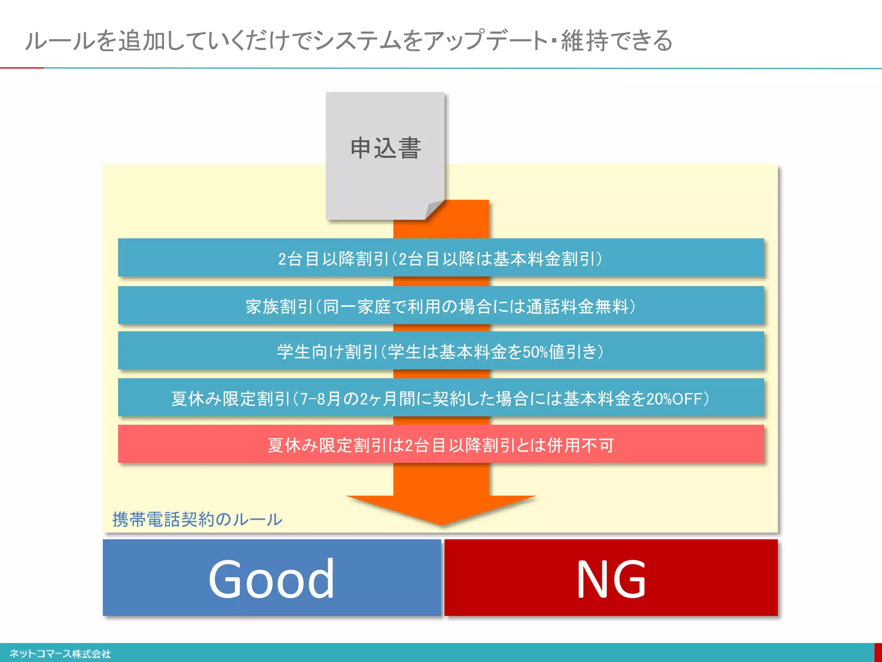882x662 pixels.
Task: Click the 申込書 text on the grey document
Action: coord(385,148)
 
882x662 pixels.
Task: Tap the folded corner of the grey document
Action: coord(434,210)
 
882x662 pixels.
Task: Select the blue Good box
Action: coord(272,578)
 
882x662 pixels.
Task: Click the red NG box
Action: coord(611,578)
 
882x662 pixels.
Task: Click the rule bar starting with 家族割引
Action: coord(441,306)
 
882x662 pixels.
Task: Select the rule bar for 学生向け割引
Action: coord(441,352)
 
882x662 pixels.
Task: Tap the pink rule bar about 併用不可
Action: coord(441,445)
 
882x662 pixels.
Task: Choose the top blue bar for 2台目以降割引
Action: coord(441,259)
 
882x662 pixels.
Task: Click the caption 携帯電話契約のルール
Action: coord(197,519)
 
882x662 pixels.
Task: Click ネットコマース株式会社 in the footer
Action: coord(60,654)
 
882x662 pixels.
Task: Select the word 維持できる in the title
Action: coord(616,41)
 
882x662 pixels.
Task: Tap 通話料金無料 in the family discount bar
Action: coord(577,307)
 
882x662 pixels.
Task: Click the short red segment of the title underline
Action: coord(22,68)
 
